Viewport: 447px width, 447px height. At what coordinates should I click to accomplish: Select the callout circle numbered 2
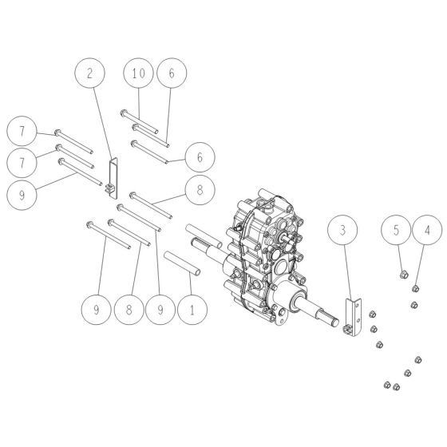click(89, 73)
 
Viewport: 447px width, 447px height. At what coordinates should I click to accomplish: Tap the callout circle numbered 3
click(342, 232)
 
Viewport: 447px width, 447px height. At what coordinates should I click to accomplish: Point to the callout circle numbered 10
click(138, 73)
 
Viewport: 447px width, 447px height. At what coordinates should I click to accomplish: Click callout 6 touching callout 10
click(172, 73)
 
